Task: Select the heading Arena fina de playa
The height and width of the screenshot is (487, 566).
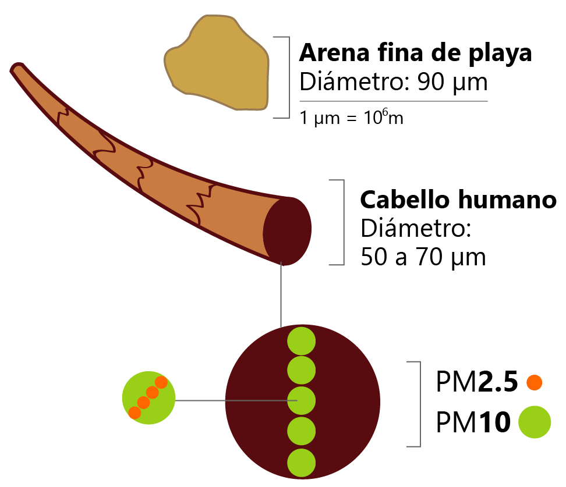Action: pyautogui.click(x=415, y=54)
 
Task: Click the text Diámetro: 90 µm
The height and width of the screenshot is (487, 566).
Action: pyautogui.click(x=393, y=83)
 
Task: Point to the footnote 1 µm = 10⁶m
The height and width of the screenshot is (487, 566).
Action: pyautogui.click(x=351, y=118)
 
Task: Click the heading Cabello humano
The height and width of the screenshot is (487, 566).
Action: pyautogui.click(x=458, y=200)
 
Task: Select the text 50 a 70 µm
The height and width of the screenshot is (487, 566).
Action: pyautogui.click(x=423, y=257)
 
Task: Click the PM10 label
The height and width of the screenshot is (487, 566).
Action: pyautogui.click(x=473, y=422)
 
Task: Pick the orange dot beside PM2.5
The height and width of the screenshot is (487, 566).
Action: pyautogui.click(x=534, y=382)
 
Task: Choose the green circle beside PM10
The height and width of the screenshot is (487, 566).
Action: pyautogui.click(x=535, y=422)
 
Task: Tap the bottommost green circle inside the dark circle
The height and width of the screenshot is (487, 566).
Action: pyautogui.click(x=302, y=463)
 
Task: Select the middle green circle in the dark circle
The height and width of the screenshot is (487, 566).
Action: pyautogui.click(x=302, y=401)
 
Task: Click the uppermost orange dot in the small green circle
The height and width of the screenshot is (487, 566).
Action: pyautogui.click(x=161, y=382)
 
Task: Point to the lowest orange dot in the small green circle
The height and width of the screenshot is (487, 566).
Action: pyautogui.click(x=135, y=413)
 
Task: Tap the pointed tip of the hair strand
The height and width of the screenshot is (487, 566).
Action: pyautogui.click(x=16, y=69)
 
